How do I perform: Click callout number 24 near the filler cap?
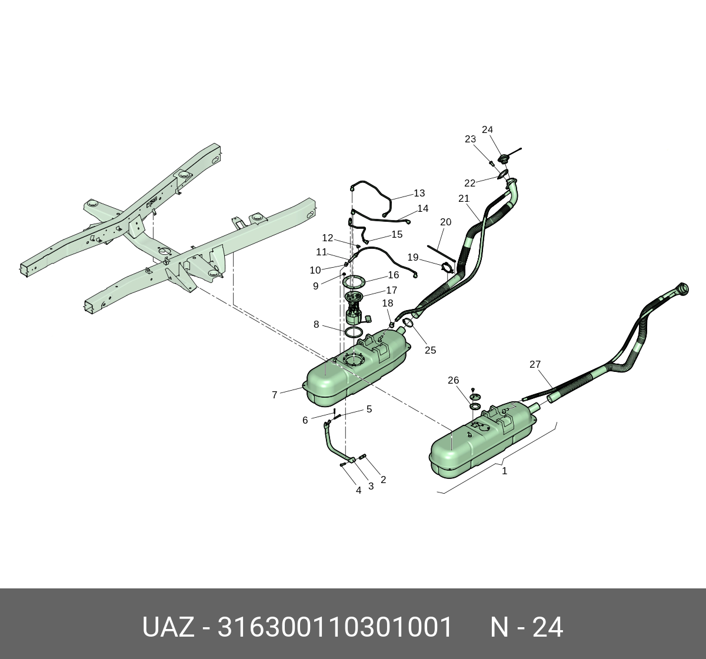487,130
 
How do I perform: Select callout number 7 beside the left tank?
274,395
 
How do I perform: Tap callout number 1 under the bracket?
504,471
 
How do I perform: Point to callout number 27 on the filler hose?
535,365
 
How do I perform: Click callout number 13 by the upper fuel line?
419,193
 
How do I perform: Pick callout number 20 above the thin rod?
445,222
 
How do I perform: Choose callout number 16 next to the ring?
393,275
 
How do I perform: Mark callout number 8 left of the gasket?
316,324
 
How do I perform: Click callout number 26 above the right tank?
453,380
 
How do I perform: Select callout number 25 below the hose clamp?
430,350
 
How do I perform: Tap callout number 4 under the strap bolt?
358,490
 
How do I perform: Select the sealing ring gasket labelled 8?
354,333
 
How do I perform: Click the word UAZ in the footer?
168,627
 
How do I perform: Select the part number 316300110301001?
335,627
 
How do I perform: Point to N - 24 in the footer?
527,627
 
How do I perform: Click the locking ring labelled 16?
354,282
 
